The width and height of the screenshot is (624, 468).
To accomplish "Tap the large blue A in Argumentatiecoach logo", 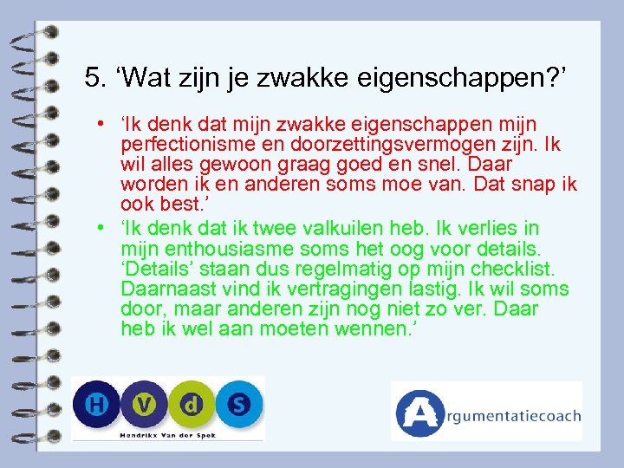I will pos(419,413).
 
